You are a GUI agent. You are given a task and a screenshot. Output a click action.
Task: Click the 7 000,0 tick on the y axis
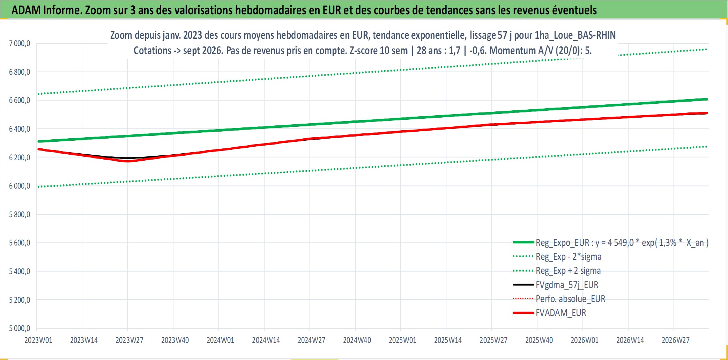coord(20,44)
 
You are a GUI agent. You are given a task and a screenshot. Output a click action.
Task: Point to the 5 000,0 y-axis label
coord(20,328)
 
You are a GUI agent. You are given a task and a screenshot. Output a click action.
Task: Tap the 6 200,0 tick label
coord(20,157)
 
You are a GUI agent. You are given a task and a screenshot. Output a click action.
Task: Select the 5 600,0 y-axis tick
coord(20,243)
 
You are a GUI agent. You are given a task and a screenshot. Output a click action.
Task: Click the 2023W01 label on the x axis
coord(38,340)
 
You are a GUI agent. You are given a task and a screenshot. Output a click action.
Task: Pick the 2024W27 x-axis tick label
coord(311,340)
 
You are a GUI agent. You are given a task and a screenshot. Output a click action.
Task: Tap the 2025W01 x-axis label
coord(402,340)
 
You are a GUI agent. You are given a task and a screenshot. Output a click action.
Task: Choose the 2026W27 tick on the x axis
coord(676,340)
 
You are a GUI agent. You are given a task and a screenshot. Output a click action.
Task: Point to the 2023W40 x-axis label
coord(175,340)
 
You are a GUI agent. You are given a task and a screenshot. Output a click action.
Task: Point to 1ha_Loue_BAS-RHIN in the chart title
coord(575,35)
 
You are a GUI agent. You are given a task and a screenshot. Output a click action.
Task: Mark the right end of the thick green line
coord(707,100)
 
